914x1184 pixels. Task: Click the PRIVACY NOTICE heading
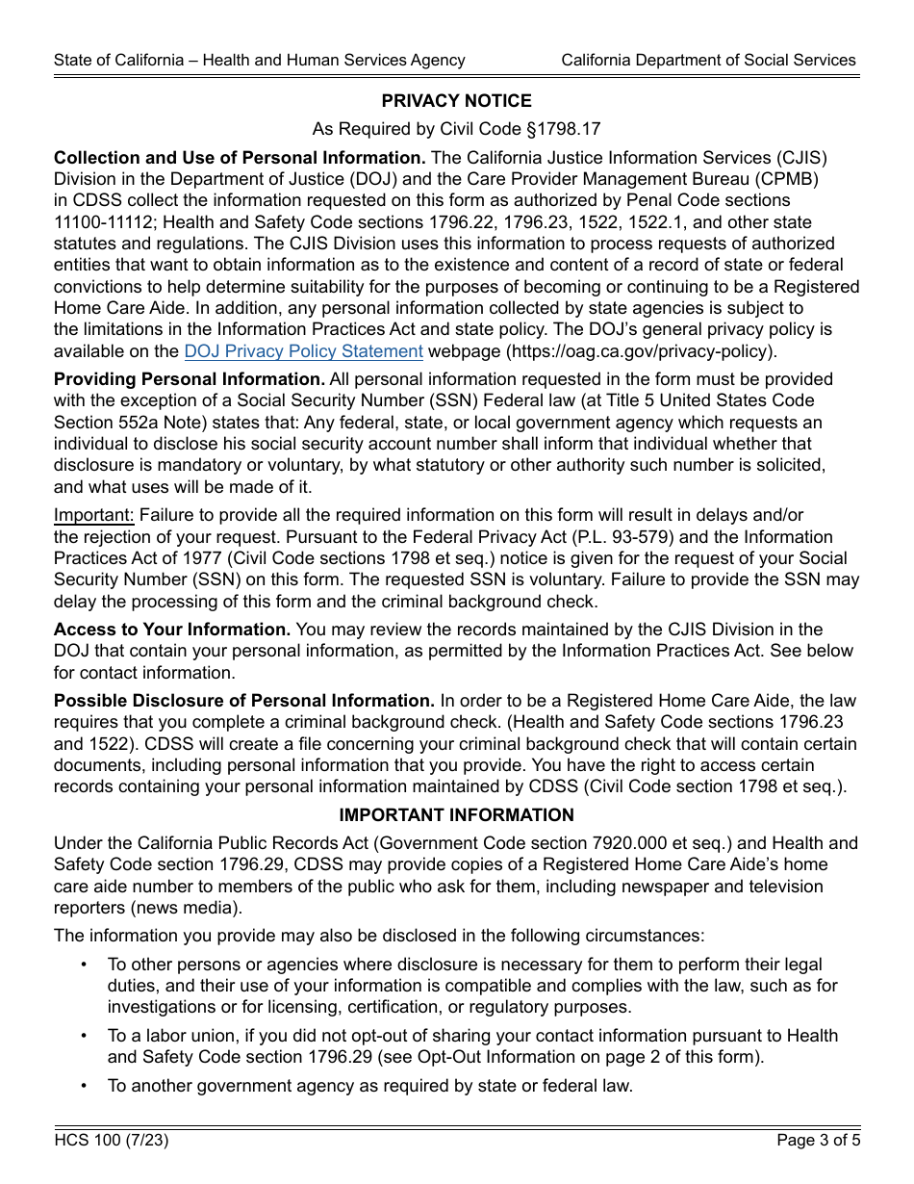coord(456,101)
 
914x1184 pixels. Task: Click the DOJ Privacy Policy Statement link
coord(303,351)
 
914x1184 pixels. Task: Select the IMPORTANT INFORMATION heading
coord(456,815)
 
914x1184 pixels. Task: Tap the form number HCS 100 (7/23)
coord(112,1141)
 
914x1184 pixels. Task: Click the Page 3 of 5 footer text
coord(817,1141)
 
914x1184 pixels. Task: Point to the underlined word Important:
coord(94,515)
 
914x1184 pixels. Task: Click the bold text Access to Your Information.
coord(172,630)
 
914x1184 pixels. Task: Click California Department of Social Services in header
coord(708,60)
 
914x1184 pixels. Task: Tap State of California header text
coord(260,60)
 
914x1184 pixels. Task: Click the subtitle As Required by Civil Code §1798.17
coord(456,129)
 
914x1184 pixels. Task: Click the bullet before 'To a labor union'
coord(85,1036)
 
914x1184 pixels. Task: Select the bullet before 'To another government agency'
coord(85,1086)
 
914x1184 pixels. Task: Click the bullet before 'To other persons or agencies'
coord(85,965)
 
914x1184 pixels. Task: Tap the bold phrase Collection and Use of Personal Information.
coord(240,158)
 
